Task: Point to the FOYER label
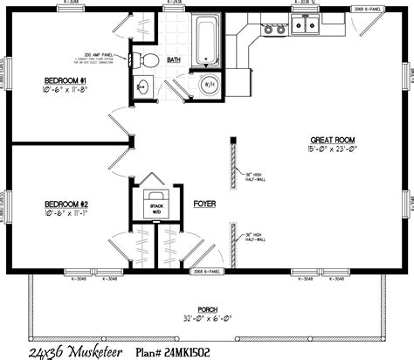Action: pos(204,203)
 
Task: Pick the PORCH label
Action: pos(207,308)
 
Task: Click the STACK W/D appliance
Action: pos(157,206)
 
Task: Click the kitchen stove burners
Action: pos(274,29)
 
